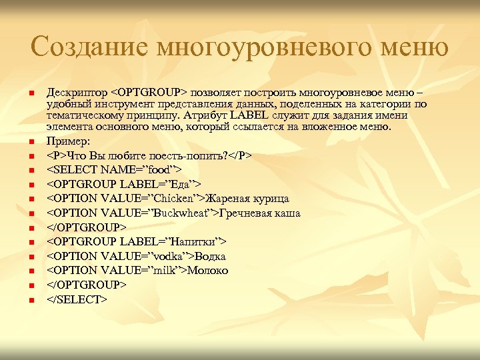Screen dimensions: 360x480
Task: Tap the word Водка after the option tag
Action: (x=211, y=256)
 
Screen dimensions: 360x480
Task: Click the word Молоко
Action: (x=208, y=270)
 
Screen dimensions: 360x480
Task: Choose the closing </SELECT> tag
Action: (x=77, y=299)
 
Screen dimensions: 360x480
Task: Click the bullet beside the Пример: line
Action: (x=31, y=141)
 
